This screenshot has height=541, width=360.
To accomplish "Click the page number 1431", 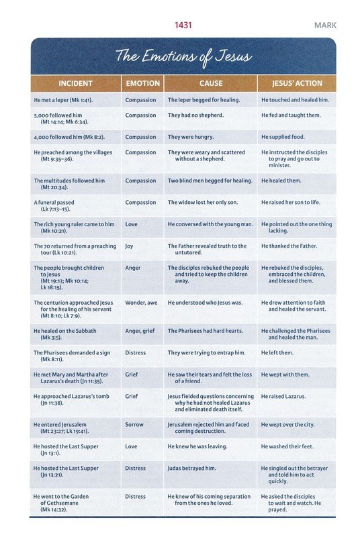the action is pyautogui.click(x=183, y=26).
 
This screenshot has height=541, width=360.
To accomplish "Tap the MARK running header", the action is pyautogui.click(x=325, y=26).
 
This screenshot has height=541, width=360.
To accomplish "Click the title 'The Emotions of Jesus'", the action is pyautogui.click(x=183, y=56).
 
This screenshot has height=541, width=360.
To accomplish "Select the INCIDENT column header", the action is pyautogui.click(x=76, y=83).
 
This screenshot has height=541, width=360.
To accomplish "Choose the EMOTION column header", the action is pyautogui.click(x=143, y=83).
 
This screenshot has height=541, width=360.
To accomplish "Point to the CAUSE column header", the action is pyautogui.click(x=211, y=83).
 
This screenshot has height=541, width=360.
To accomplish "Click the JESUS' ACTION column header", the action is pyautogui.click(x=297, y=83).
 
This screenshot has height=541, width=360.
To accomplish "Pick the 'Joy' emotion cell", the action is pyautogui.click(x=129, y=246).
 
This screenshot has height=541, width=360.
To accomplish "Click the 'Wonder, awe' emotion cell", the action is pyautogui.click(x=141, y=303).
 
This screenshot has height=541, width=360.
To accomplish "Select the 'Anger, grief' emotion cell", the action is pyautogui.click(x=140, y=331).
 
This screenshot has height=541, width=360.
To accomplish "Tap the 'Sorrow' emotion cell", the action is pyautogui.click(x=134, y=425).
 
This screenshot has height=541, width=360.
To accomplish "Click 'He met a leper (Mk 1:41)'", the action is pyautogui.click(x=63, y=100).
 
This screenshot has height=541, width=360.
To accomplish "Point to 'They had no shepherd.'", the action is pyautogui.click(x=195, y=115).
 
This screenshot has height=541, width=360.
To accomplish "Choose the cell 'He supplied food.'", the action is pyautogui.click(x=283, y=137).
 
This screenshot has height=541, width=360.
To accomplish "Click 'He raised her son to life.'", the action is pyautogui.click(x=291, y=203).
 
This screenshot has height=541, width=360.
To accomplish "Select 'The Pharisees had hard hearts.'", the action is pyautogui.click(x=206, y=331).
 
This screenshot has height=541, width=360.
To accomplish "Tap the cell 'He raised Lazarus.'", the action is pyautogui.click(x=283, y=397).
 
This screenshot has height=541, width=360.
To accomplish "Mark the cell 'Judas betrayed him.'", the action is pyautogui.click(x=192, y=469).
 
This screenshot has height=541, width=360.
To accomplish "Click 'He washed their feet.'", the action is pyautogui.click(x=287, y=446).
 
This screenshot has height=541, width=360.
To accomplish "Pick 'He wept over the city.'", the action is pyautogui.click(x=288, y=425).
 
